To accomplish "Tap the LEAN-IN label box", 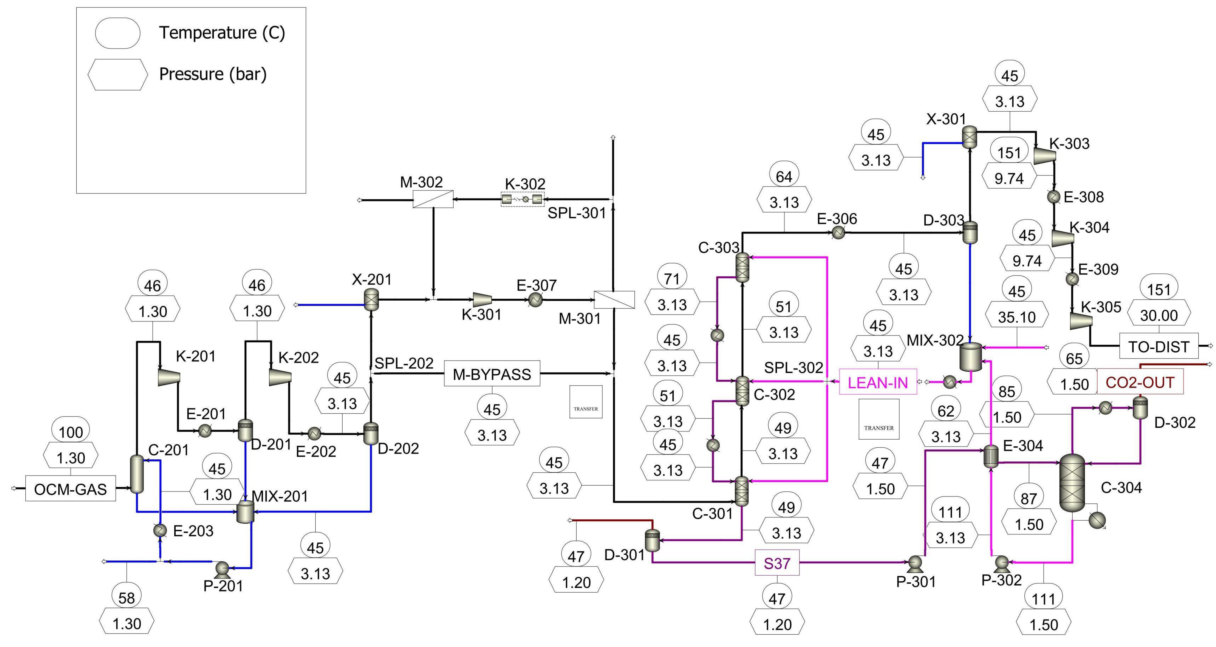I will [877, 382].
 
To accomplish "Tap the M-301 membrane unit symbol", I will [614, 299].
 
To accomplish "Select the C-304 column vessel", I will [1072, 483].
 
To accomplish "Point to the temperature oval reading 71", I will [672, 279].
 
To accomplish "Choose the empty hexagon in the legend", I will [118, 74].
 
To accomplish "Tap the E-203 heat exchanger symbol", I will [161, 530].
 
